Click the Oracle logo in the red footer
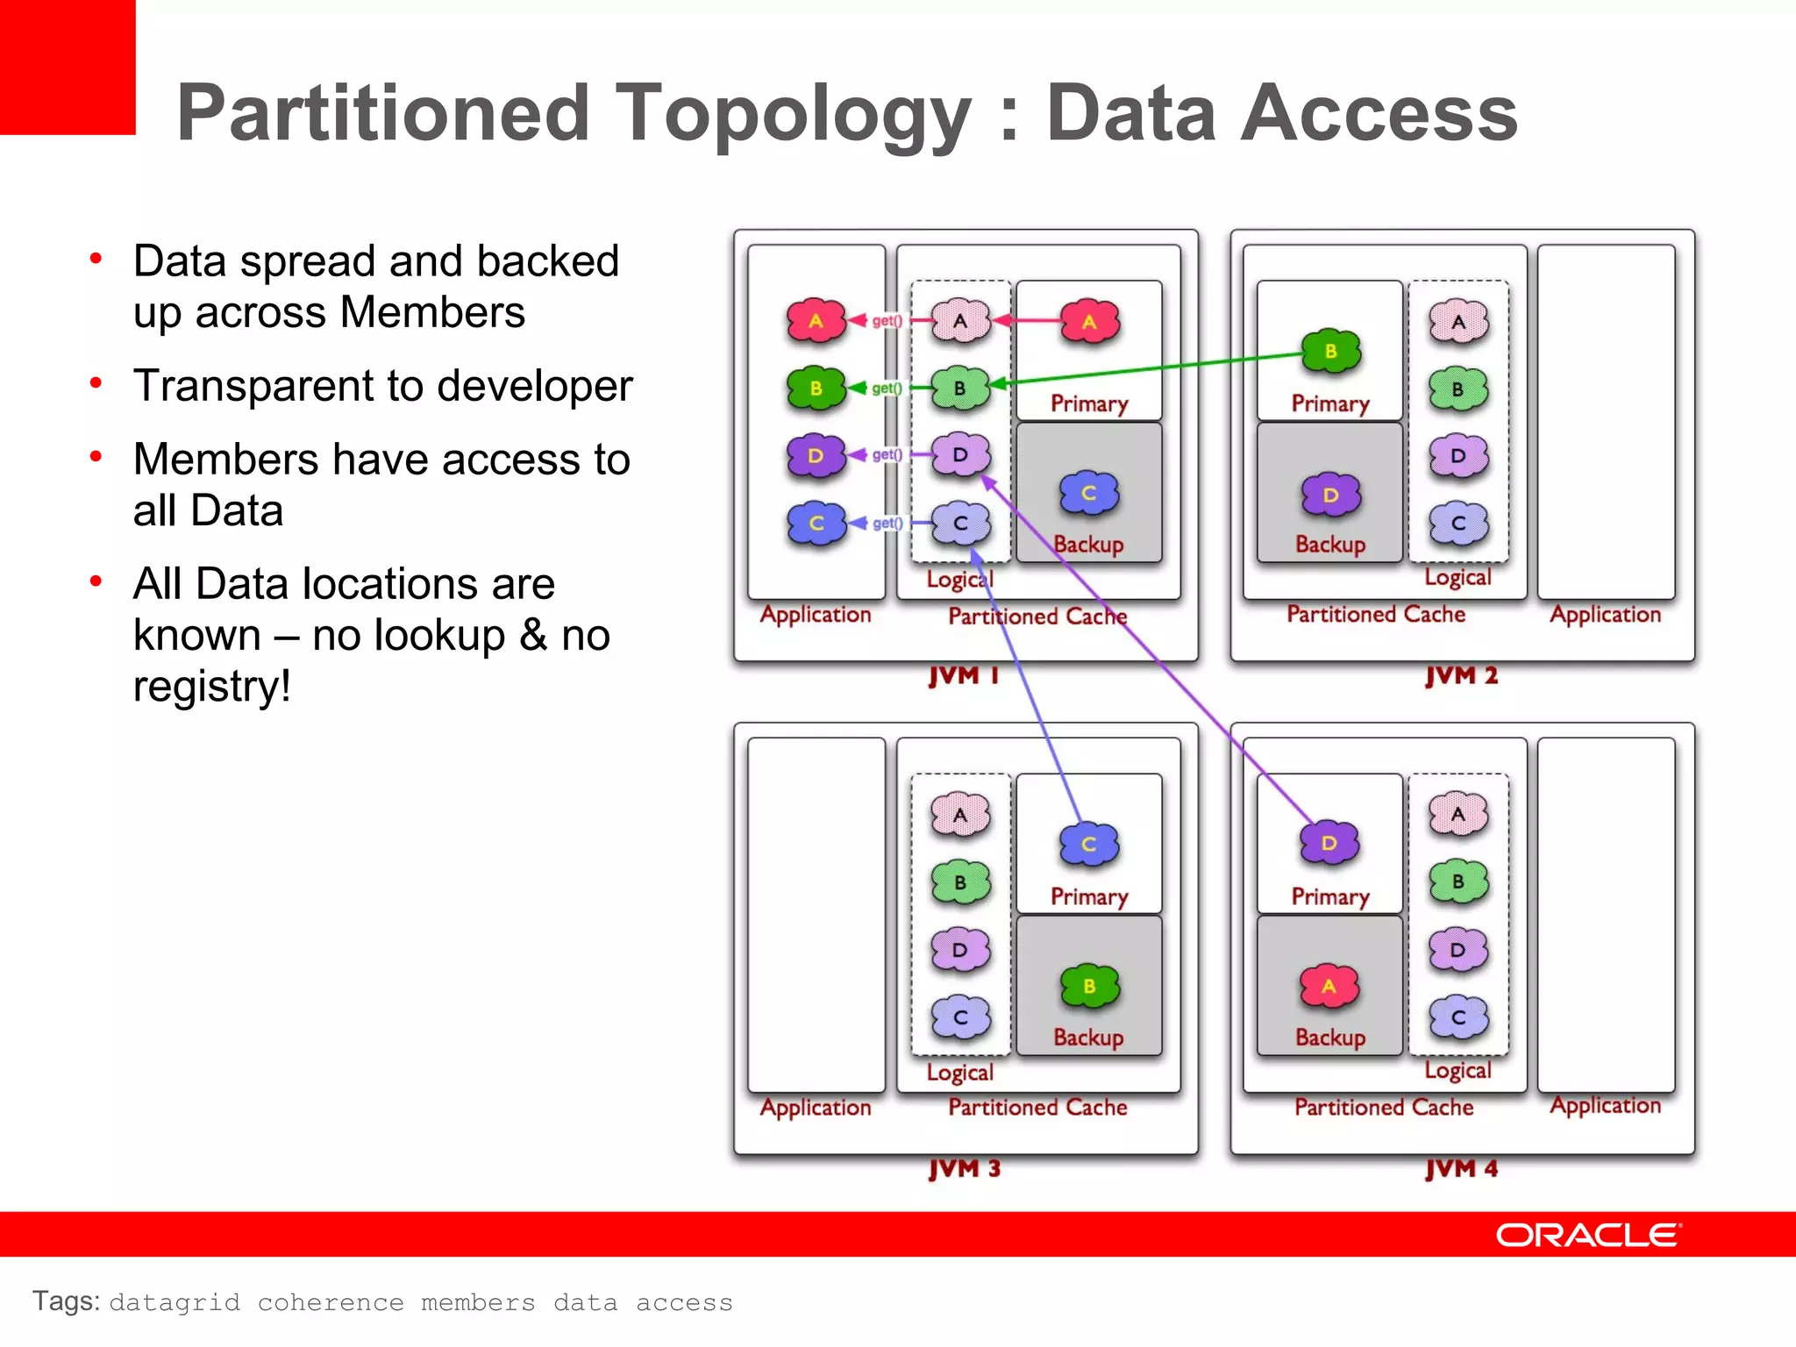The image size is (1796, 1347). [1588, 1235]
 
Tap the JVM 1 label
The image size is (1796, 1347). [964, 675]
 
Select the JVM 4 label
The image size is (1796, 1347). [1461, 1168]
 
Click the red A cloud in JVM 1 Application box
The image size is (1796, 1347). [816, 321]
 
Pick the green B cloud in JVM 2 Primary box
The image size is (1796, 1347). [1330, 352]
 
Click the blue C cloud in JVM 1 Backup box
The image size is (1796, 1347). [1088, 493]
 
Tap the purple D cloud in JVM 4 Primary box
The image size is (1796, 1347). [1329, 843]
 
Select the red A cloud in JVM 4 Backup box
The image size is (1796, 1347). [1329, 987]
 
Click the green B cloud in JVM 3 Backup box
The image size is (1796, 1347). [1089, 987]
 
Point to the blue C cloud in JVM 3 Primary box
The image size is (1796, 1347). [1088, 844]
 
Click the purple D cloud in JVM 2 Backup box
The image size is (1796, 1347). [1330, 495]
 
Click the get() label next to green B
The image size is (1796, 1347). [887, 388]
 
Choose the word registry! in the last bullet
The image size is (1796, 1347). [211, 686]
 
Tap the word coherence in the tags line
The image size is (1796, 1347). [331, 1302]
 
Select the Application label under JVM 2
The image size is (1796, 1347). [1605, 614]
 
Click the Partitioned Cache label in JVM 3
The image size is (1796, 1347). [1037, 1108]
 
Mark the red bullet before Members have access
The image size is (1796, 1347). [96, 456]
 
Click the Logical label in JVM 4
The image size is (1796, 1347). [1457, 1070]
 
